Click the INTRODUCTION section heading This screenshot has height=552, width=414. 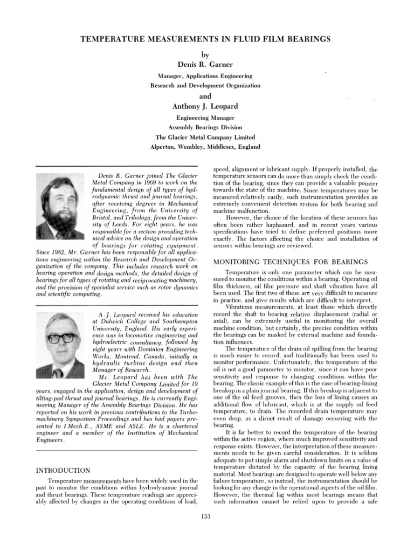[63, 471]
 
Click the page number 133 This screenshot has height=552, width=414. [204, 516]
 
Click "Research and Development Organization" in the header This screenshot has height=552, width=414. [204, 85]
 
